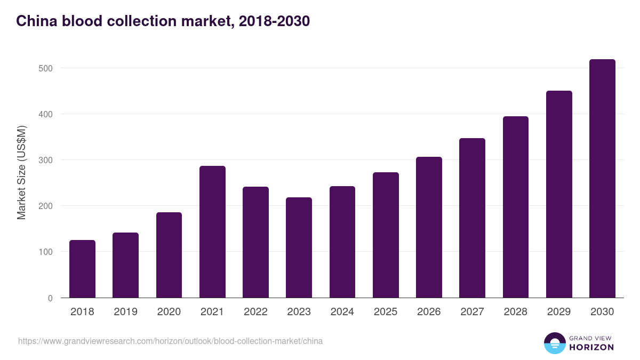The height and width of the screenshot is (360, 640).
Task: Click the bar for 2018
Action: [x=82, y=269]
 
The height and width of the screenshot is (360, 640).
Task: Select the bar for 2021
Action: [x=212, y=232]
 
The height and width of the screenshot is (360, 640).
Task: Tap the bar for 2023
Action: [x=299, y=247]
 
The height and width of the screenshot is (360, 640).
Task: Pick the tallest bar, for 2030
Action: [x=602, y=179]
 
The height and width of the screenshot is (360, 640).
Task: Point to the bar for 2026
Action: [x=429, y=227]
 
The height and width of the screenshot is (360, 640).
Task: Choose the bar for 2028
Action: [x=516, y=207]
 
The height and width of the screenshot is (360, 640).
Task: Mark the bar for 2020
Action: [x=169, y=255]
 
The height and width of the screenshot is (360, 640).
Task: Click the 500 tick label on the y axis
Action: [x=46, y=68]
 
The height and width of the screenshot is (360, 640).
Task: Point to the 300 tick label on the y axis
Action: [x=46, y=160]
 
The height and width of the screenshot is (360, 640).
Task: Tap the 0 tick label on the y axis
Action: [x=50, y=298]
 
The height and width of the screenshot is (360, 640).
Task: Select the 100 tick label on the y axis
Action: [x=46, y=252]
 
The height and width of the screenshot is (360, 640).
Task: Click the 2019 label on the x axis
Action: [x=125, y=312]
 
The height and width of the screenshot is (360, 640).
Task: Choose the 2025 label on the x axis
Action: [x=386, y=312]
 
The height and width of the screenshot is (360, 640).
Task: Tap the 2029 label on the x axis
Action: [x=559, y=312]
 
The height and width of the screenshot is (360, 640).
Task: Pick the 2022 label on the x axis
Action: [x=255, y=312]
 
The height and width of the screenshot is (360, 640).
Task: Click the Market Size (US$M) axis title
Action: [x=21, y=172]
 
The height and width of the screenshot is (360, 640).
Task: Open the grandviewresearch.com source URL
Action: [x=170, y=341]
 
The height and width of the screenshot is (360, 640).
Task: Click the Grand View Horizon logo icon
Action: [x=554, y=343]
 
